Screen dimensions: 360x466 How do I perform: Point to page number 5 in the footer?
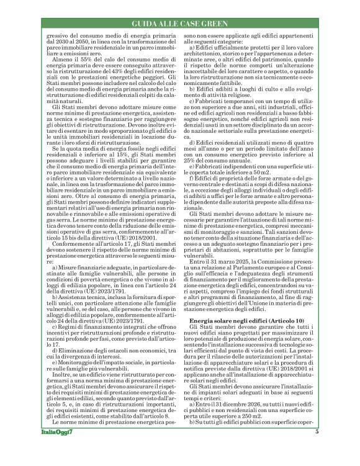[x=317, y=449]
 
